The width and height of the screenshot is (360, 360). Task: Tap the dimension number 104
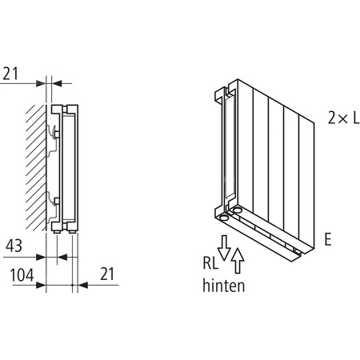pos(18,276)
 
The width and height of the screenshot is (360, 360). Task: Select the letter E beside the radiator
pos(328,238)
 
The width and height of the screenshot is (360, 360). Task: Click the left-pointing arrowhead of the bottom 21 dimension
pos(78,285)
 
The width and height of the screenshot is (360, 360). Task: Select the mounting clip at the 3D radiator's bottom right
pos(297,254)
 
